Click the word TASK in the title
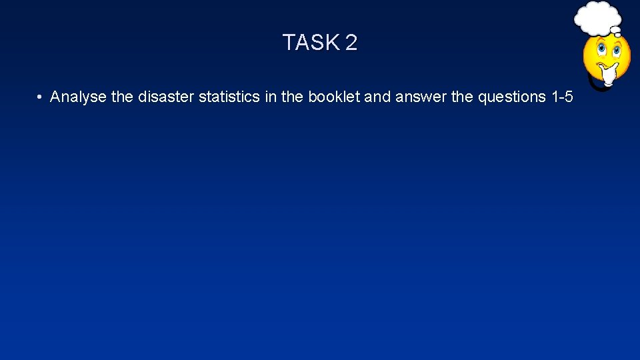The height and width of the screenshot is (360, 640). click(x=311, y=43)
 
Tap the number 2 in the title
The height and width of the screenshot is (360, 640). click(x=351, y=43)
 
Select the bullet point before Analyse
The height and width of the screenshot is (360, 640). click(x=40, y=97)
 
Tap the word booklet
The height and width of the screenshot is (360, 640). click(x=333, y=97)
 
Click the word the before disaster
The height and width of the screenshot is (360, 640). click(x=122, y=97)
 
